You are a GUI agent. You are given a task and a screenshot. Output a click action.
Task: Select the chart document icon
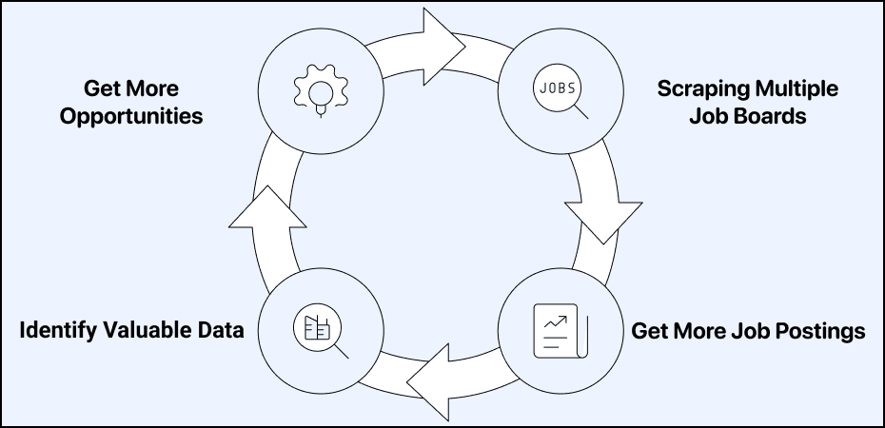(x=559, y=330)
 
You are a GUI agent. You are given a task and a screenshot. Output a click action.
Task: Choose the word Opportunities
(x=130, y=117)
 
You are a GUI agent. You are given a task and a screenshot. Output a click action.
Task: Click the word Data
(x=221, y=331)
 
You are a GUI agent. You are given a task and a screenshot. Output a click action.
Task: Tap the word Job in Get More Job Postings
(x=749, y=331)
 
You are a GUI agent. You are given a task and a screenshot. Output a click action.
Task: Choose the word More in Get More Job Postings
(x=697, y=331)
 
